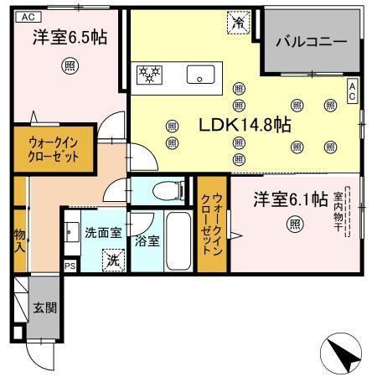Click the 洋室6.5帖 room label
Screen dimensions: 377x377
coord(63,38)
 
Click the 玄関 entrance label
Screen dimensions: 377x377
coord(45,307)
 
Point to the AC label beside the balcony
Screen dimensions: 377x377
coord(353,91)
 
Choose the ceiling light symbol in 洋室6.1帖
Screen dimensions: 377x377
coord(294,224)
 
